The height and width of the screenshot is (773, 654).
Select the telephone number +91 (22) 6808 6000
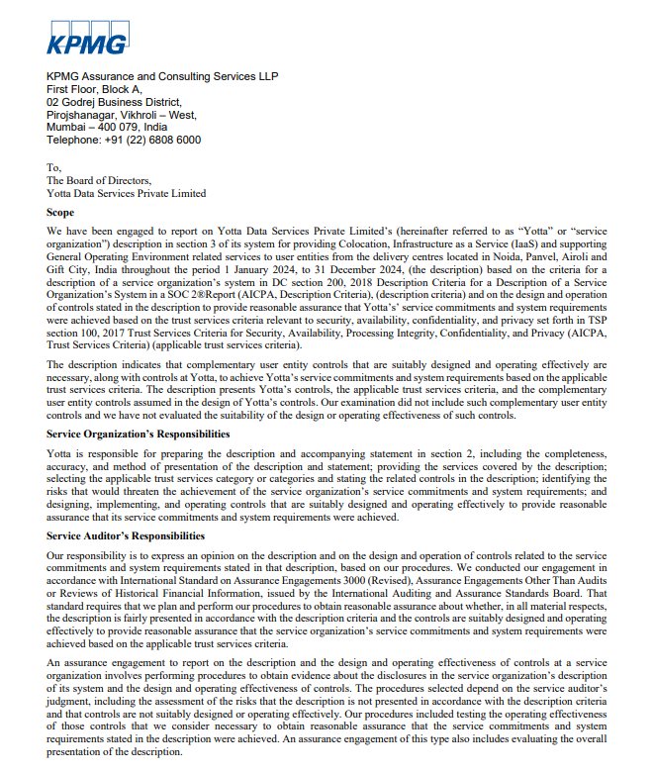pyautogui.click(x=158, y=141)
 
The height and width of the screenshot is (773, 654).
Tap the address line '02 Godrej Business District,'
pyautogui.click(x=114, y=102)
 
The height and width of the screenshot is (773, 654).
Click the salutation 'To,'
pyautogui.click(x=53, y=168)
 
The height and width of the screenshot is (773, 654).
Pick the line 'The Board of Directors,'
pyautogui.click(x=99, y=181)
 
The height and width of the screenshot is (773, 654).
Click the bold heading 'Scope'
pyautogui.click(x=60, y=213)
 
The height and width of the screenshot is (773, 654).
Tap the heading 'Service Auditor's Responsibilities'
pyautogui.click(x=126, y=536)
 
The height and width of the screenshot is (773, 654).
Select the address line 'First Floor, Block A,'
pyautogui.click(x=94, y=89)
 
